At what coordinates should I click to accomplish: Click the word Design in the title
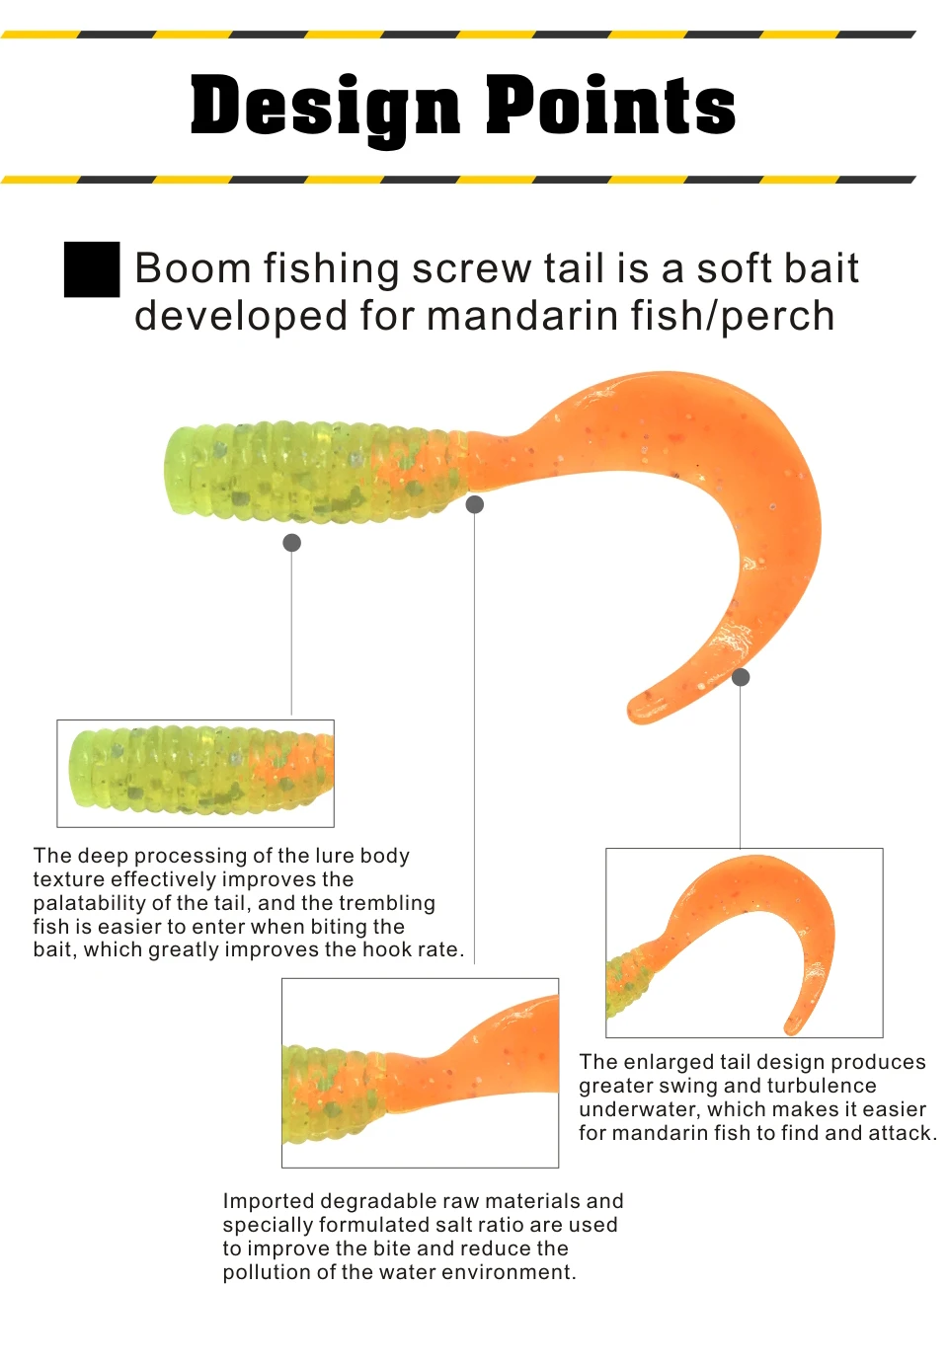(325, 107)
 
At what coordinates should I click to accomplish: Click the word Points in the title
(611, 105)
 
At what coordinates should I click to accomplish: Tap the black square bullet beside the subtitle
(92, 269)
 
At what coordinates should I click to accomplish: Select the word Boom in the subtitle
(193, 267)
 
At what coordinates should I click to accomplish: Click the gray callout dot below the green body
(292, 543)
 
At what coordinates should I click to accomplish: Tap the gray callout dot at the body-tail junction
(475, 504)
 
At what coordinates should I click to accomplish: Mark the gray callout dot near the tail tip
(741, 677)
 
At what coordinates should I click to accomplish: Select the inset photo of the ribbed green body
(196, 774)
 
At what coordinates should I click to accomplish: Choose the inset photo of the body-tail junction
(420, 1073)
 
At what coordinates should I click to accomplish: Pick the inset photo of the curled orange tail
(745, 943)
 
